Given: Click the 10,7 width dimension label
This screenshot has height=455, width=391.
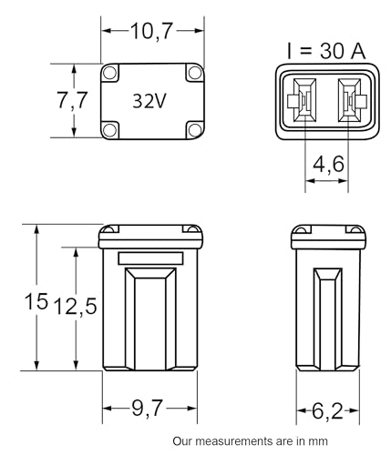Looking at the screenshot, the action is pos(151,31).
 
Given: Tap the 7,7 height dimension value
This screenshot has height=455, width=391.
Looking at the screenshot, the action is pos(72,100).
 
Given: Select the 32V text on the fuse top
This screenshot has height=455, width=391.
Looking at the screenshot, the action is pos(149,101).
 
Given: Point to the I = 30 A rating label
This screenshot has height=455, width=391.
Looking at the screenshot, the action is pos(326,51).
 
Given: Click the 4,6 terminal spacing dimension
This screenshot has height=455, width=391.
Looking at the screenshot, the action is pos(328,164).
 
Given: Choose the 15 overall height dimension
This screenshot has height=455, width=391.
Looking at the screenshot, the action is pos(36,301).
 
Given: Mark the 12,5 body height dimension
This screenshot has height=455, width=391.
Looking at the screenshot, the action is pos(76,306).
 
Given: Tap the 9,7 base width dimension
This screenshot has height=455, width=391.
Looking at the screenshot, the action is pos(148,409).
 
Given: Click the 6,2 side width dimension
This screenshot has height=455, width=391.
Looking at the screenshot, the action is pos(327,411).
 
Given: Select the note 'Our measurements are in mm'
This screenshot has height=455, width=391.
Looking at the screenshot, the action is pos(250,441).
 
